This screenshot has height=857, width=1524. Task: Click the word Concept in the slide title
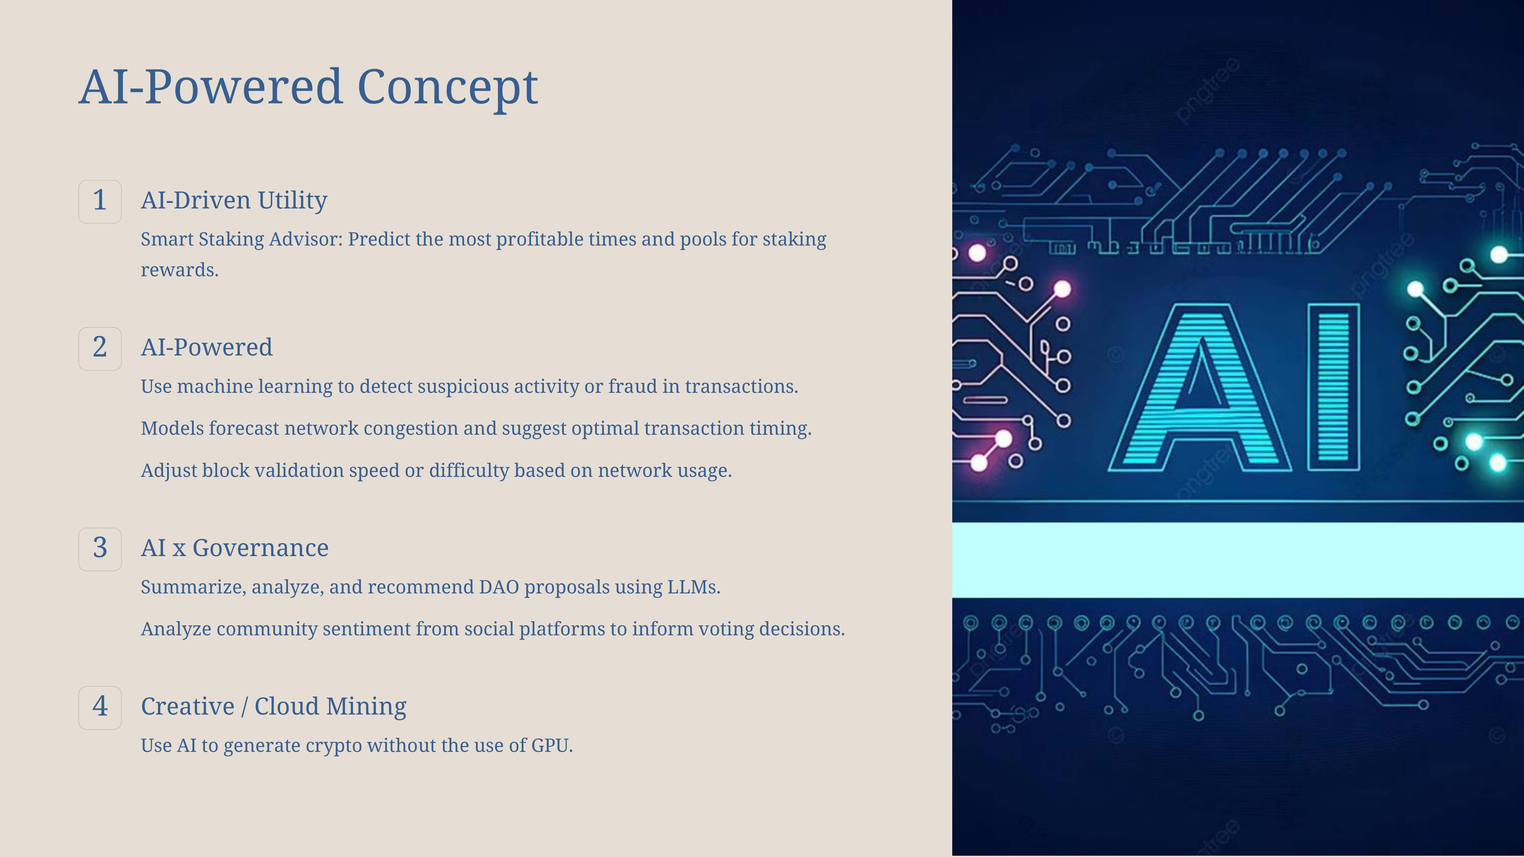pyautogui.click(x=448, y=88)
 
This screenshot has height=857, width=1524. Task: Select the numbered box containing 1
pyautogui.click(x=100, y=202)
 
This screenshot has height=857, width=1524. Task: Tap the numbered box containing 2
pyautogui.click(x=100, y=349)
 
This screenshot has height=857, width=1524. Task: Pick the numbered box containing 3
pyautogui.click(x=100, y=549)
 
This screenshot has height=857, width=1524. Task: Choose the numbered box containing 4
pyautogui.click(x=100, y=708)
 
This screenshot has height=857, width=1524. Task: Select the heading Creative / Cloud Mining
pyautogui.click(x=273, y=707)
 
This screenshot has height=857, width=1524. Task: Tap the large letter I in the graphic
pyautogui.click(x=1333, y=387)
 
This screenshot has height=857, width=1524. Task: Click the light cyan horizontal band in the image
pyautogui.click(x=1238, y=559)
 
